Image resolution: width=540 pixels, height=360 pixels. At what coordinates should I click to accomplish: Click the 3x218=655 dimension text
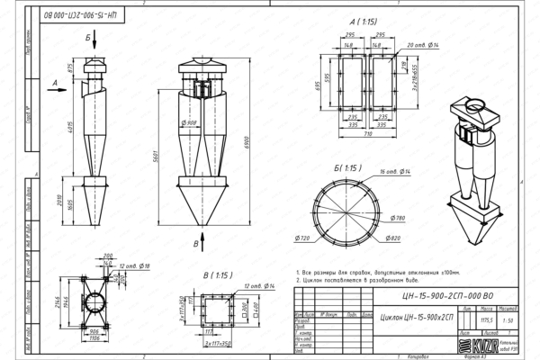416,87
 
